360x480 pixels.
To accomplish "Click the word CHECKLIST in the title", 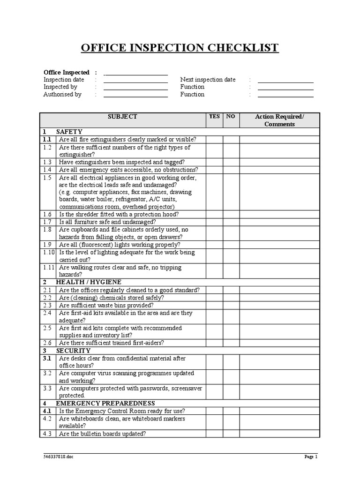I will click(x=241, y=48).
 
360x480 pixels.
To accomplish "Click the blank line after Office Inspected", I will click(x=135, y=73).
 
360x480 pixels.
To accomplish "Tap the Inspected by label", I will click(x=60, y=87).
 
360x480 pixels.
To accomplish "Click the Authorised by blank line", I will click(x=135, y=95).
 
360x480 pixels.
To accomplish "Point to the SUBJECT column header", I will click(x=122, y=117).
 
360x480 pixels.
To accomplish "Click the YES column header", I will click(x=214, y=117).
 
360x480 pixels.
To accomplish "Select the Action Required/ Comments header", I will click(x=279, y=120).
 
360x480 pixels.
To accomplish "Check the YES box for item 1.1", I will click(x=214, y=140).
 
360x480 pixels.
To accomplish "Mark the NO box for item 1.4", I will click(x=231, y=170).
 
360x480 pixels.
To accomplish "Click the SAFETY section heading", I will click(x=69, y=132).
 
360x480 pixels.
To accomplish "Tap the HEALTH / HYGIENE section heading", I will click(x=89, y=282).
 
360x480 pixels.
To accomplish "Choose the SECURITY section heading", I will click(x=73, y=351).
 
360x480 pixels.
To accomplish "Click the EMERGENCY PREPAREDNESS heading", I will click(x=105, y=403).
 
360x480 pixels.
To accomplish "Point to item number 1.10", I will click(x=49, y=253).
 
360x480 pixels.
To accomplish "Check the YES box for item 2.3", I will click(x=214, y=305).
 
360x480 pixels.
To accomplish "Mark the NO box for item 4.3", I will click(x=231, y=434).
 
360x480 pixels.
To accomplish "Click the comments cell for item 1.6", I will click(x=279, y=214).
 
